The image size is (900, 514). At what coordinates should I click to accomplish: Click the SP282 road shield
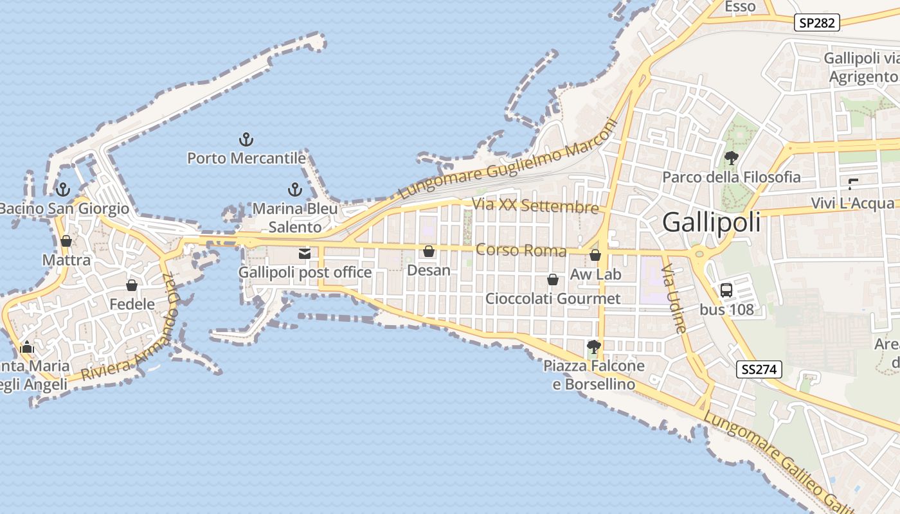[817, 23]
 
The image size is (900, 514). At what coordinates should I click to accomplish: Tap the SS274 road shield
[759, 369]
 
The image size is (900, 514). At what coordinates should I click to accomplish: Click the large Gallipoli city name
[711, 222]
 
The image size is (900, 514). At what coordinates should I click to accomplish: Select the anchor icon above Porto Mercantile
[246, 139]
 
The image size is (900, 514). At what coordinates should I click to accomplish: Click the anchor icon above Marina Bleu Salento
[294, 190]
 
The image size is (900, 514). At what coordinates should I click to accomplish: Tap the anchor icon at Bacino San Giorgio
[62, 190]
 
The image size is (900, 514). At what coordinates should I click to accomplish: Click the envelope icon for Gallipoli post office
[305, 253]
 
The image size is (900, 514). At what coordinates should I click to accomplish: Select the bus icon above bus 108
[726, 290]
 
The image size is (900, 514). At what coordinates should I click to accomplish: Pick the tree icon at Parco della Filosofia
[731, 157]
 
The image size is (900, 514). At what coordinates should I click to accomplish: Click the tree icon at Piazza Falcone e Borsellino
[594, 347]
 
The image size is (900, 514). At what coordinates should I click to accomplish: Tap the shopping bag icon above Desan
[429, 251]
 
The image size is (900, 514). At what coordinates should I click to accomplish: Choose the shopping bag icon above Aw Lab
[595, 255]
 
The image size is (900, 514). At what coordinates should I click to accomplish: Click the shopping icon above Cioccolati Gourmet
[553, 279]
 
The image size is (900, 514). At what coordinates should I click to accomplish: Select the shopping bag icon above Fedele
[132, 285]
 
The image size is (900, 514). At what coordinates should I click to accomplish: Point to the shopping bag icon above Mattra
[66, 241]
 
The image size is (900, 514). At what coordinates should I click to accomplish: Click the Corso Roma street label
[521, 250]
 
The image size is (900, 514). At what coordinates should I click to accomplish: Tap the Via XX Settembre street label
[535, 207]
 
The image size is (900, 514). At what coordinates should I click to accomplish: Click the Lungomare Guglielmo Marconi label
[507, 159]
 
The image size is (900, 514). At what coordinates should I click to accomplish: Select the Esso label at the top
[740, 6]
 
